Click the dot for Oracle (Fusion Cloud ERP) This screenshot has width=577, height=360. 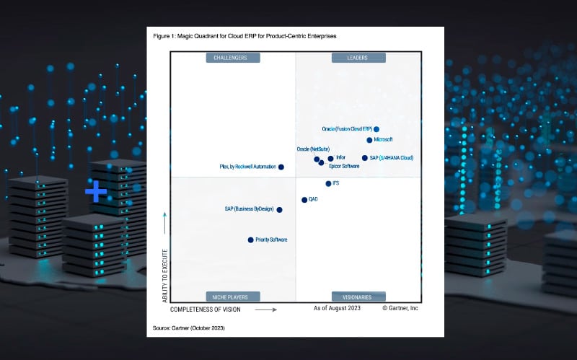pos(376,129)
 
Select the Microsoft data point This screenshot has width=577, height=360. pos(369,140)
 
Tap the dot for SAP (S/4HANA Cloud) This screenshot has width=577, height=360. pos(364,158)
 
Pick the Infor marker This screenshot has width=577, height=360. pos(330,158)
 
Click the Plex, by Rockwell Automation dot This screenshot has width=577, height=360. pos(281,167)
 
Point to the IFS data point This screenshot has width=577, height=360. pos(328,183)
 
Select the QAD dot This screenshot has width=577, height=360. pos(304,199)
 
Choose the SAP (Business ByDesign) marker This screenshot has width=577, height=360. pos(279,209)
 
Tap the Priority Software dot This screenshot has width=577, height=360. pos(250,240)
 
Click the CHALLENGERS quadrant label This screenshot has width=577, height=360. pos(232,58)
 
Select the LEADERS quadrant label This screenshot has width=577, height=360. pos(358,58)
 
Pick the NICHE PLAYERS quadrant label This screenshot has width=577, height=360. pos(232,297)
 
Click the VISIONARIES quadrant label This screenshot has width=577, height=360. pos(358,297)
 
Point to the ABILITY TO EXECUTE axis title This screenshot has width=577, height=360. pos(165,276)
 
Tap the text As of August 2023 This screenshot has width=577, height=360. pos(337,308)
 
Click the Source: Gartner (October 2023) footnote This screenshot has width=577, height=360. pos(189,328)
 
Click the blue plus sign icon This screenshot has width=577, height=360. pos(96,192)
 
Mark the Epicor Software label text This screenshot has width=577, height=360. pos(344,166)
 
